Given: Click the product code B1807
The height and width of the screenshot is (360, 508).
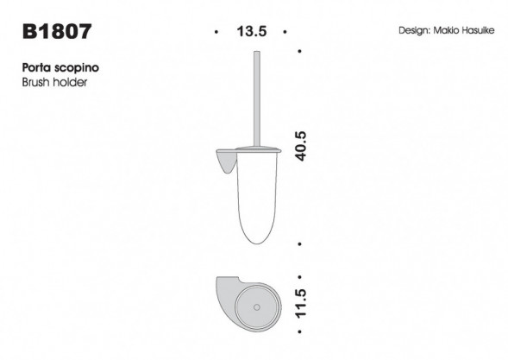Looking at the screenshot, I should click(x=58, y=33).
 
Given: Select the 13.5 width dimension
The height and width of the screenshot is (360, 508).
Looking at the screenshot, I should click(x=250, y=32).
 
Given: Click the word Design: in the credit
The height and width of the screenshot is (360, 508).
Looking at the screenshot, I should click(x=417, y=30).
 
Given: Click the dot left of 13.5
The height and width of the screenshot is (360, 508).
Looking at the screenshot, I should click(x=215, y=32).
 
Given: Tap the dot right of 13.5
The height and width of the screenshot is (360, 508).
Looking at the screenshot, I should click(x=285, y=32).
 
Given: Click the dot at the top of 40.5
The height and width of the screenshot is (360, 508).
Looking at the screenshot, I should click(x=299, y=51).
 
